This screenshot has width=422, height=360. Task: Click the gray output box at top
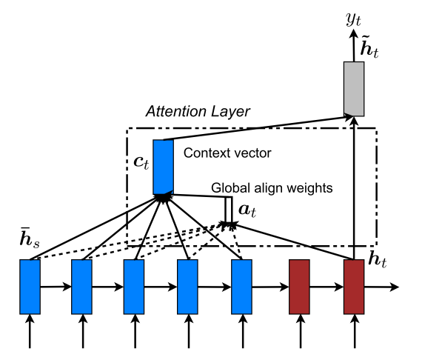pyautogui.click(x=355, y=88)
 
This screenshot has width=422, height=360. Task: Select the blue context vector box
pyautogui.click(x=163, y=167)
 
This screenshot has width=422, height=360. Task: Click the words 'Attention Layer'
pyautogui.click(x=198, y=111)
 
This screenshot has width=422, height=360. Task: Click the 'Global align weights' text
pyautogui.click(x=272, y=188)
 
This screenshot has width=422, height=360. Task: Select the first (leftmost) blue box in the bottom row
pyautogui.click(x=30, y=286)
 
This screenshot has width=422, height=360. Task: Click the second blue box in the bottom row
pyautogui.click(x=81, y=286)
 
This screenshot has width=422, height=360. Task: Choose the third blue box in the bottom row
pyautogui.click(x=134, y=286)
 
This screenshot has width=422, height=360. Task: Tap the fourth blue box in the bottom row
pyautogui.click(x=188, y=286)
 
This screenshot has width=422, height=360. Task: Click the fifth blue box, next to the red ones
pyautogui.click(x=242, y=286)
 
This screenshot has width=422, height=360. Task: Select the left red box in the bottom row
pyautogui.click(x=299, y=286)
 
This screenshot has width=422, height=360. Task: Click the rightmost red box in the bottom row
pyautogui.click(x=354, y=286)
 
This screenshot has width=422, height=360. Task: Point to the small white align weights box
pyautogui.click(x=230, y=207)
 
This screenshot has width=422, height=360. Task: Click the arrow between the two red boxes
pyautogui.click(x=326, y=286)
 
